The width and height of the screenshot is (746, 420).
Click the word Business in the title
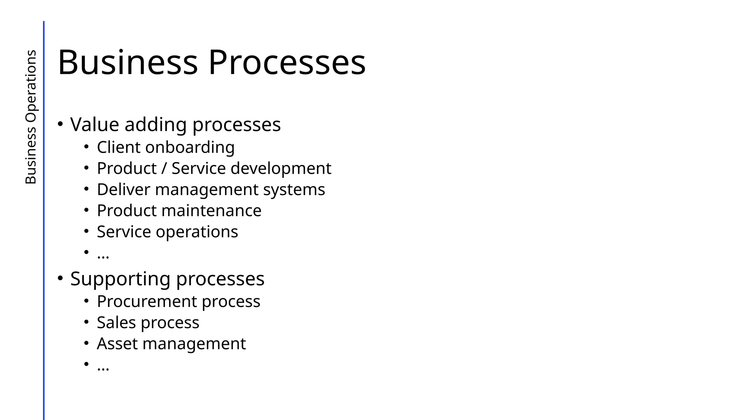click(x=127, y=63)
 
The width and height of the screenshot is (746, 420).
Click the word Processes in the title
click(x=287, y=63)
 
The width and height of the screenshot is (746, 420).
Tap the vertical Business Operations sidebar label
click(x=31, y=117)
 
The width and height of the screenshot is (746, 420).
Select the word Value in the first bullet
click(x=94, y=124)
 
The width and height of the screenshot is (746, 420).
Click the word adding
click(x=156, y=125)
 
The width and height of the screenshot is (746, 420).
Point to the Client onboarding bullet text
click(x=165, y=148)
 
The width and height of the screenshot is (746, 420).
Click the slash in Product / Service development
click(x=164, y=168)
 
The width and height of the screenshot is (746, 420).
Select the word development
click(x=281, y=169)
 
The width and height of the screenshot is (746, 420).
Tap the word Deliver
click(x=123, y=190)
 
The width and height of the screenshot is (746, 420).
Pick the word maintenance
click(x=211, y=211)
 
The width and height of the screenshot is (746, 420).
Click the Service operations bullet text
click(x=167, y=232)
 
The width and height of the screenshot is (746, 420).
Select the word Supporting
click(x=120, y=279)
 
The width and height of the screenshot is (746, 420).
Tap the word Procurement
click(x=146, y=302)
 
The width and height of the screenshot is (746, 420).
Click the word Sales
click(x=116, y=323)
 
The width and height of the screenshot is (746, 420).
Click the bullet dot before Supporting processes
click(x=60, y=278)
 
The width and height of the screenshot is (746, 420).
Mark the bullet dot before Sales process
click(x=86, y=322)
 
